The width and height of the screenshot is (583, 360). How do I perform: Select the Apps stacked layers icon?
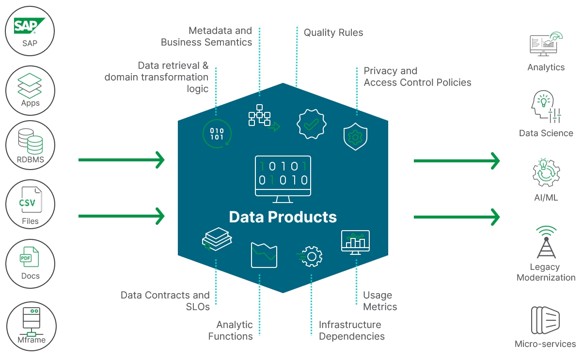pos(30,86)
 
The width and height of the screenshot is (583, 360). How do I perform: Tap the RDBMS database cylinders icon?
pos(30,141)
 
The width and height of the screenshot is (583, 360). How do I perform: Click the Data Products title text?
pos(283,217)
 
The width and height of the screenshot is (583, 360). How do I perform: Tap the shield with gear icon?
pos(355,137)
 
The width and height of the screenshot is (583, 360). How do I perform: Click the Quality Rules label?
pos(333,33)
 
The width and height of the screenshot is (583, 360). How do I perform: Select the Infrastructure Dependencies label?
pos(351,330)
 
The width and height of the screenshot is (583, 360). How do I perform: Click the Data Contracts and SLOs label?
pos(165,301)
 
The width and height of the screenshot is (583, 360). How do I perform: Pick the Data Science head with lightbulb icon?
pos(546,107)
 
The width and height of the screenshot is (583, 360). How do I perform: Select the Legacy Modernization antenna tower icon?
pos(546,242)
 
